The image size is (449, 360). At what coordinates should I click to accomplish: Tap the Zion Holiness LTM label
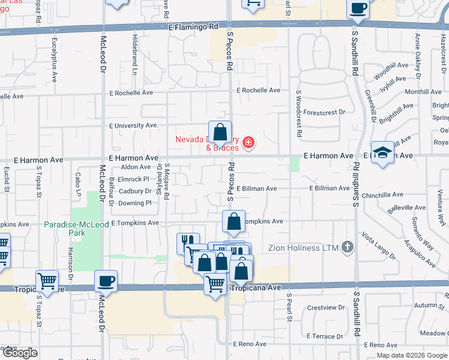point(313,247)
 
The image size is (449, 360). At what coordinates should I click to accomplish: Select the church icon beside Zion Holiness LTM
point(347,247)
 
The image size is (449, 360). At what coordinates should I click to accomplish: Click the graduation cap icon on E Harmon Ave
point(382,153)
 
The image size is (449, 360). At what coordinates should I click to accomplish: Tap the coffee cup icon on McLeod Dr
point(106,281)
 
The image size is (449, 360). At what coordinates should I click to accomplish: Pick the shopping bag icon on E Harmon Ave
point(220,133)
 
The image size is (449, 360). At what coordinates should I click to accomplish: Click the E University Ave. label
point(133,125)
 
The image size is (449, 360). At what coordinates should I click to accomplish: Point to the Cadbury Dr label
point(135,191)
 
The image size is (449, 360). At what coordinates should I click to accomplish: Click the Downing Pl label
point(134,203)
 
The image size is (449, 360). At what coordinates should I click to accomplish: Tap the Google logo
point(19,353)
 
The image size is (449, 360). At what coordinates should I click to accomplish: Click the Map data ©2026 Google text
point(412,355)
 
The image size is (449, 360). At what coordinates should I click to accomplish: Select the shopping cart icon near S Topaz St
point(47,281)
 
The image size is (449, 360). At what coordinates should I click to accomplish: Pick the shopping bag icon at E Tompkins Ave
point(234,222)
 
